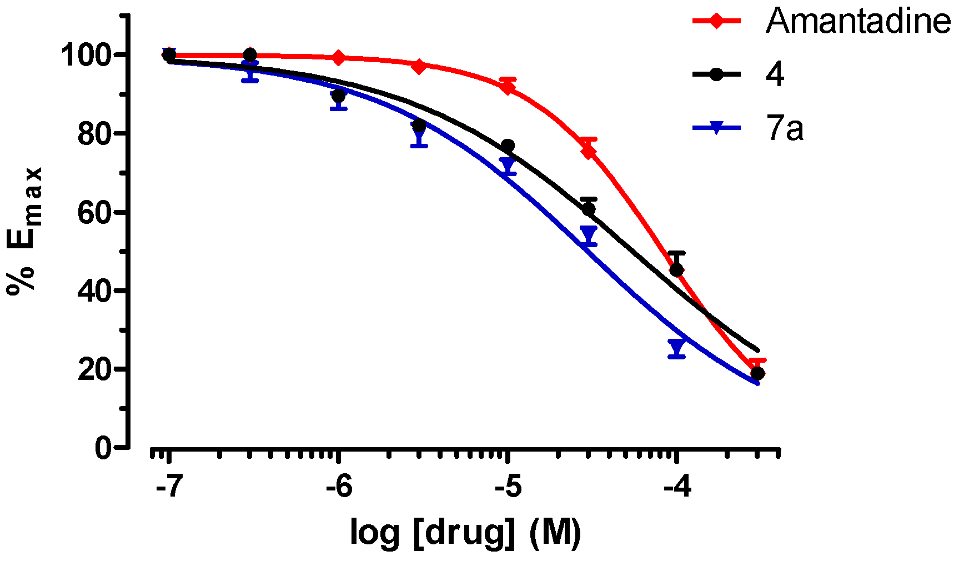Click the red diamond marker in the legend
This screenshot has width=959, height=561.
click(716, 21)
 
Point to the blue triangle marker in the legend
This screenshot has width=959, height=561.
click(716, 128)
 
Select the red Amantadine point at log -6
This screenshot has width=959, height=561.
click(338, 58)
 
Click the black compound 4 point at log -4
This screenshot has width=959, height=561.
click(676, 270)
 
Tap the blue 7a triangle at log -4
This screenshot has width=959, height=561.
click(676, 347)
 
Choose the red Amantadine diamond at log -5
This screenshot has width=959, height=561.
click(507, 86)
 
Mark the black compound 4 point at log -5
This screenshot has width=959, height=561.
click(508, 146)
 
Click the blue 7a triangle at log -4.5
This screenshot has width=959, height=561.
click(589, 233)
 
